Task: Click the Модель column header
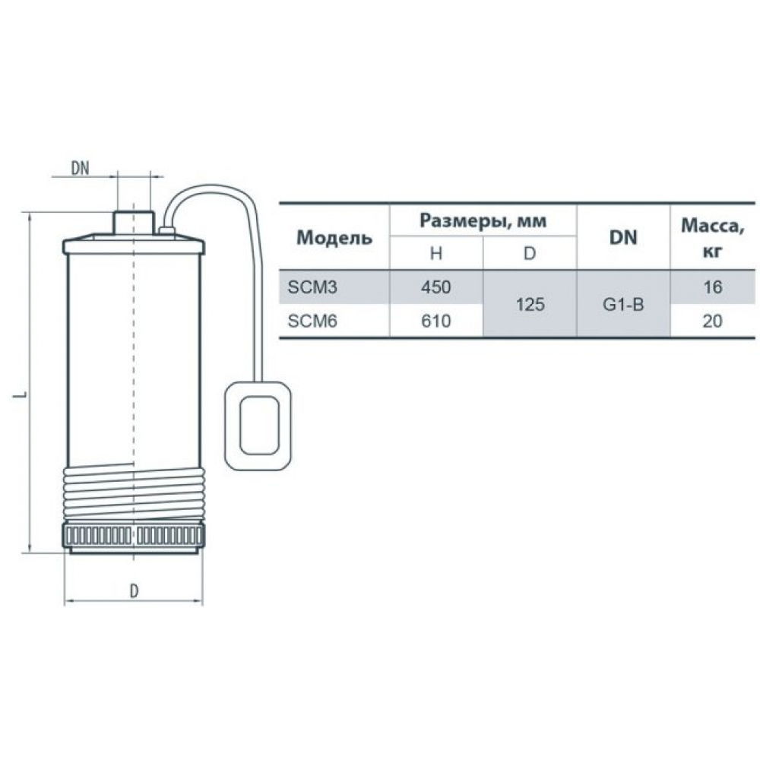(334, 237)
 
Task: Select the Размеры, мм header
(483, 221)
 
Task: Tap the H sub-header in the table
(436, 253)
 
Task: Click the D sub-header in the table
(530, 253)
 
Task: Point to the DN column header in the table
(623, 237)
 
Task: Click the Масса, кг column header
(712, 237)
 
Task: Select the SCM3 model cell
(312, 287)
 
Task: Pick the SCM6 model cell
(312, 321)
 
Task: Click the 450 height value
(436, 287)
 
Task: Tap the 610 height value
(436, 321)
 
